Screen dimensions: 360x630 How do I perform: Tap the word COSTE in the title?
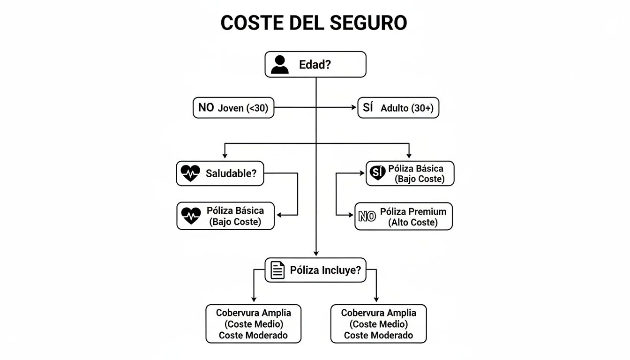click(x=247, y=22)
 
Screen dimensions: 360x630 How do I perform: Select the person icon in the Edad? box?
click(x=280, y=65)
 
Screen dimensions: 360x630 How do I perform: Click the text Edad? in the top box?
click(x=315, y=65)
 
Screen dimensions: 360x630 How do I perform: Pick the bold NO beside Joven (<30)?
click(x=206, y=107)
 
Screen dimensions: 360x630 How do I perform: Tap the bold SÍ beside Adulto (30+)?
click(x=368, y=107)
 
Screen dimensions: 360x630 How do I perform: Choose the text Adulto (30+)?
click(x=407, y=108)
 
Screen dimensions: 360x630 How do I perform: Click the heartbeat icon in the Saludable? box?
click(x=190, y=173)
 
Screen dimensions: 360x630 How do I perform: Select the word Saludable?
click(x=231, y=173)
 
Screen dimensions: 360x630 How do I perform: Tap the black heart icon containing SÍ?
click(x=377, y=173)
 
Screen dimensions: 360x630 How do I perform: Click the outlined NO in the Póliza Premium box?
click(x=367, y=217)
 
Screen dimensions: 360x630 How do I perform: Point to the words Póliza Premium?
click(x=413, y=211)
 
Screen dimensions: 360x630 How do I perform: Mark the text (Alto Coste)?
click(x=412, y=223)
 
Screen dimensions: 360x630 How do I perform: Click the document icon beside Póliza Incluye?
click(x=277, y=270)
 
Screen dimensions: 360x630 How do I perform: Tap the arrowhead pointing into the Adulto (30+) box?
click(x=354, y=107)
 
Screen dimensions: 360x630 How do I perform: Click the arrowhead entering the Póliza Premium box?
click(x=351, y=215)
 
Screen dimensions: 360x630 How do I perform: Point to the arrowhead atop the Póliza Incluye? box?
click(x=316, y=254)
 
